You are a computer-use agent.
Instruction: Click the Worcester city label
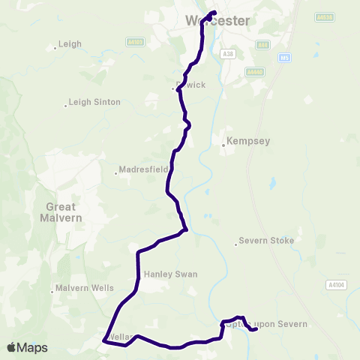pos(217,21)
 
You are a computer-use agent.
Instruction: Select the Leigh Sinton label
pos(94,102)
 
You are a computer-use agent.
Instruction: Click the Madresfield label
pos(144,169)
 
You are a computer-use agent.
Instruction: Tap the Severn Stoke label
pos(265,241)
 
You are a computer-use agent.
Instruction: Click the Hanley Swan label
pos(170,274)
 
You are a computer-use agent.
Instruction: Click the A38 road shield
pos(229,54)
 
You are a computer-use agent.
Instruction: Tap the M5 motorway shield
pos(282,56)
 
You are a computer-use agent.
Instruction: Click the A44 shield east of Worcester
pos(262,45)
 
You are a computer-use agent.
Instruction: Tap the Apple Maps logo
pos(27,347)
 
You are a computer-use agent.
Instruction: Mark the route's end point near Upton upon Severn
pos(256,329)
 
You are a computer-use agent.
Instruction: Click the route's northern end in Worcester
pos(214,12)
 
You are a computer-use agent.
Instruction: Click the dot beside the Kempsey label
pos(223,145)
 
